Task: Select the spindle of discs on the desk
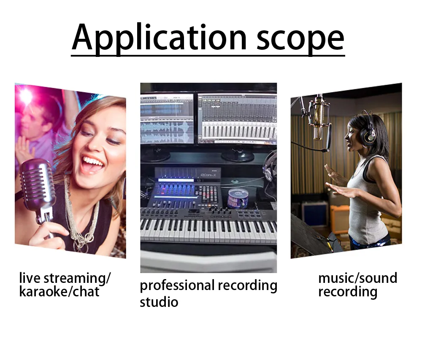(x=238, y=198)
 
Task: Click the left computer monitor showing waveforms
(x=167, y=119)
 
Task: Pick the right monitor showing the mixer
(x=237, y=118)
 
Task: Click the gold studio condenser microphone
(x=319, y=118)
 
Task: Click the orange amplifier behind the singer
(x=340, y=219)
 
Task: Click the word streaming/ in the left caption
(x=77, y=279)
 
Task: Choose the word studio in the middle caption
(x=159, y=302)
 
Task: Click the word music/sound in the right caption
(x=358, y=278)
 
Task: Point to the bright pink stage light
(x=26, y=95)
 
